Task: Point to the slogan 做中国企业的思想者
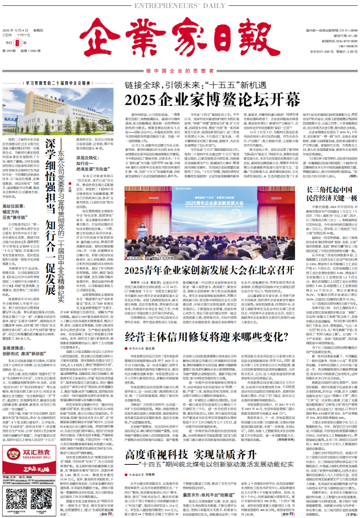(179, 70)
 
